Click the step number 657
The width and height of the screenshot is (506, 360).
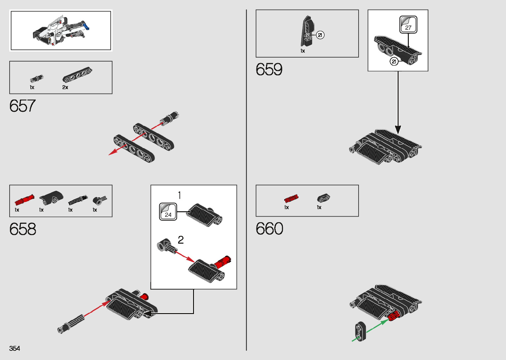pos(22,106)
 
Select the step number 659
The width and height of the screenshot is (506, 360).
pos(269,69)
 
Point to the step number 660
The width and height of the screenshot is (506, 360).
pos(269,229)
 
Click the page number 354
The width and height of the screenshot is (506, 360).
pos(15,348)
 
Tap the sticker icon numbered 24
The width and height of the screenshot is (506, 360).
pos(168,212)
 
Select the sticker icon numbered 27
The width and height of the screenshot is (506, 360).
pos(408,25)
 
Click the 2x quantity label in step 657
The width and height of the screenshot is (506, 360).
pos(65,87)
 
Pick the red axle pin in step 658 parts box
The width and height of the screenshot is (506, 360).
pos(24,200)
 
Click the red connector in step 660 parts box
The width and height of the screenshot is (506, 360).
pos(291,198)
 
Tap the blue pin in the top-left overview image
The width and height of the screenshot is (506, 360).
pos(86,26)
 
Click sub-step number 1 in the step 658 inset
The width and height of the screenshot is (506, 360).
pos(179,195)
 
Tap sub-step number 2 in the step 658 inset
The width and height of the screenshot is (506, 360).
pos(180,240)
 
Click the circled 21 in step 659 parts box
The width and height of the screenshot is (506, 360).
pos(320,35)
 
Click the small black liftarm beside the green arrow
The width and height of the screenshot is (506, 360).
pos(360,331)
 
